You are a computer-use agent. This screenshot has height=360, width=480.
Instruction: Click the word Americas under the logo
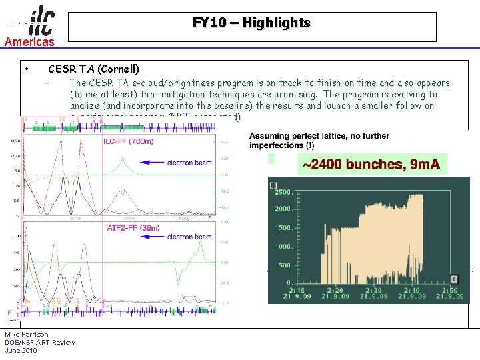tap(29, 42)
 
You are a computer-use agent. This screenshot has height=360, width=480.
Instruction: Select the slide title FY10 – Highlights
tap(251, 23)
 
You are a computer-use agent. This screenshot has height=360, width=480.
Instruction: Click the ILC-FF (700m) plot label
tap(129, 141)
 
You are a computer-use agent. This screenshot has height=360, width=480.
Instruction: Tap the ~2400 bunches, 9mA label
tap(372, 164)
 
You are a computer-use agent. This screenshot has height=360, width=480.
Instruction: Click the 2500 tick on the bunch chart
tap(281, 192)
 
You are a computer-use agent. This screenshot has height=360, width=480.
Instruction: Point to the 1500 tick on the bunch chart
tap(281, 228)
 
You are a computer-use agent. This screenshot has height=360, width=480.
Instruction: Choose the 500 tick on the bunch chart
tap(284, 265)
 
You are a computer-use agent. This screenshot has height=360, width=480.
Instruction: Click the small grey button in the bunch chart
tap(455, 279)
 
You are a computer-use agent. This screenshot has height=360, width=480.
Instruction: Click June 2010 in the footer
tap(21, 350)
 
